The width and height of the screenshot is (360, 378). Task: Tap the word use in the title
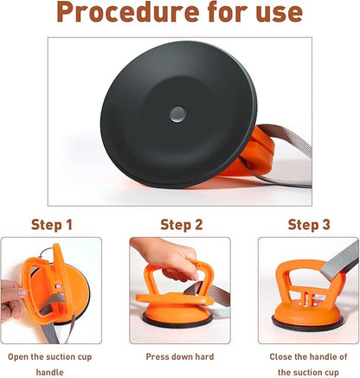[x=279, y=13]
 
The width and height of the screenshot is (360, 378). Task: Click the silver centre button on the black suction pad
[x=177, y=114]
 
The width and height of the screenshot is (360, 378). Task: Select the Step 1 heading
[x=52, y=225]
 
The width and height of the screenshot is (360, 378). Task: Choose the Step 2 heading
[x=182, y=225]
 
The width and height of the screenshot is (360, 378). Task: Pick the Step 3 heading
[x=309, y=225]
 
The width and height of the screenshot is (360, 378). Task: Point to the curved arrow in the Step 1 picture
[x=46, y=252]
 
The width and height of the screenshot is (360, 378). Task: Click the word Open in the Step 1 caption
[x=18, y=357]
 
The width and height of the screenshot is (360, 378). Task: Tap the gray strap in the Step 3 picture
[x=339, y=262]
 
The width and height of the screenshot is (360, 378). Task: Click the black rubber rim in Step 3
[x=307, y=326]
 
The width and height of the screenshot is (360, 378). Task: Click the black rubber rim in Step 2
[x=177, y=324]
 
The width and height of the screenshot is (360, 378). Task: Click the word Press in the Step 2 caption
[x=157, y=356]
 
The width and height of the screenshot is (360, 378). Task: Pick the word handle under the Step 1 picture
[x=49, y=372]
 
